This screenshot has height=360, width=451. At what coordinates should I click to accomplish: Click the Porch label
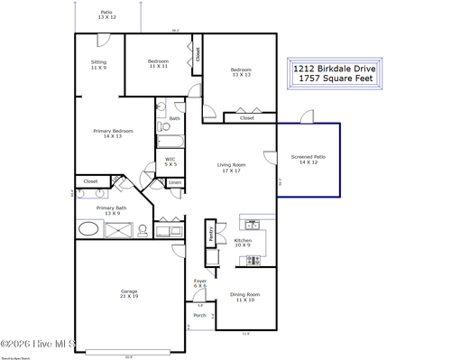[199, 316]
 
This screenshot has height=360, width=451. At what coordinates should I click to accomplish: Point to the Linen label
[175, 183]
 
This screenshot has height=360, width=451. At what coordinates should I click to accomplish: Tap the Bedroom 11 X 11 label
[159, 63]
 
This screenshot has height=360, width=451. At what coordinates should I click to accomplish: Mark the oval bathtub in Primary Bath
[87, 229]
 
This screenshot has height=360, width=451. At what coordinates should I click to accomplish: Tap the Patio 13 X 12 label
[106, 14]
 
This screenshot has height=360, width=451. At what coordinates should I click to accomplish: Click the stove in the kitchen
[253, 261]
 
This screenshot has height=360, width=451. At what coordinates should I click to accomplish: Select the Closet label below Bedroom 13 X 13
[247, 117]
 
